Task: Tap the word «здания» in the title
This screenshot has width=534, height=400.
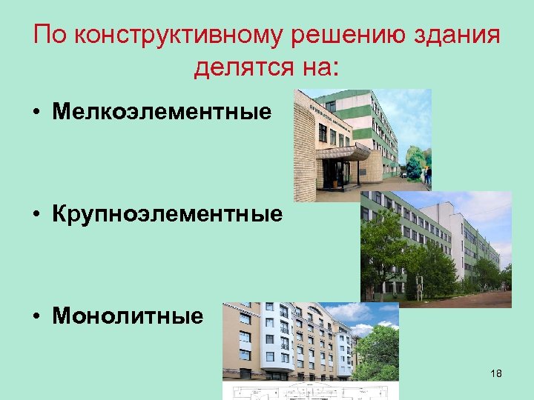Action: point(455,36)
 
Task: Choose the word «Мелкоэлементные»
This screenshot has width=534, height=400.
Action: point(162,113)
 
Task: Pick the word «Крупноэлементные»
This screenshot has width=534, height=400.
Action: point(167,215)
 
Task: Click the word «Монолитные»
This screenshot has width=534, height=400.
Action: point(127,316)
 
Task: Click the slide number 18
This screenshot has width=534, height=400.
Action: point(496,373)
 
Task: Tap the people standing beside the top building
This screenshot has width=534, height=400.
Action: point(426,176)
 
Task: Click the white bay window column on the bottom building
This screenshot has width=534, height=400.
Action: point(283,341)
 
